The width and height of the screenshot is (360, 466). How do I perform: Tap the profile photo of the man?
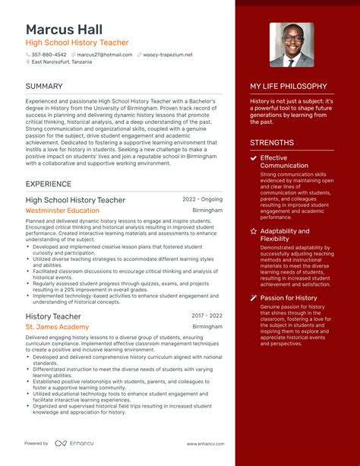pyautogui.click(x=291, y=45)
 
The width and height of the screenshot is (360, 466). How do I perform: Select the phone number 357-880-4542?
pyautogui.click(x=49, y=55)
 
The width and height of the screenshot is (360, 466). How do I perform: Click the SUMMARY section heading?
pyautogui.click(x=44, y=86)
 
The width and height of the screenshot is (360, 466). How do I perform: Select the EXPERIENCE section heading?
pyautogui.click(x=49, y=184)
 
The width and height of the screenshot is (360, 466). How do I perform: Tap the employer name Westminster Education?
pyautogui.click(x=62, y=211)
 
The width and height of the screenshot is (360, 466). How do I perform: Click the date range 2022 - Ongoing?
pyautogui.click(x=202, y=199)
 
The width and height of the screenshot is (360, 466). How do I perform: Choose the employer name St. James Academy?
pyautogui.click(x=57, y=327)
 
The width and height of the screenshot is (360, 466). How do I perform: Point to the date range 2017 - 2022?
pyautogui.click(x=207, y=315)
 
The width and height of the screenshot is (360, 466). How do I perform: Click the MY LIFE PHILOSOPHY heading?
pyautogui.click(x=289, y=86)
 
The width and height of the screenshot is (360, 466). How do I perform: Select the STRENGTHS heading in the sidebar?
pyautogui.click(x=271, y=142)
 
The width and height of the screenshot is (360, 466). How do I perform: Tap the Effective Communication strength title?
pyautogui.click(x=284, y=161)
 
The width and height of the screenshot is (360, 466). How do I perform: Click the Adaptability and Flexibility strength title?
pyautogui.click(x=285, y=235)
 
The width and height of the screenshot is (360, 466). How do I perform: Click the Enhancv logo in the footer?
pyautogui.click(x=70, y=443)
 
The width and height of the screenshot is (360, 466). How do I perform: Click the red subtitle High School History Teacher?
pyautogui.click(x=77, y=43)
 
